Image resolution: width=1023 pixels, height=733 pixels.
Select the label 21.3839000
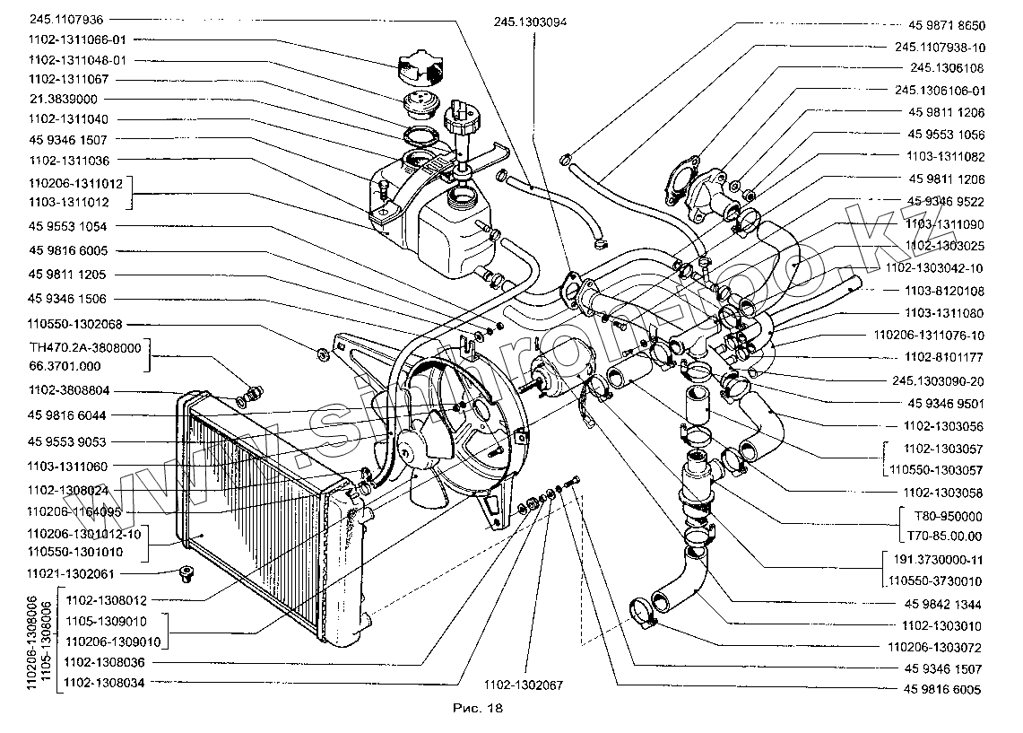(64, 100)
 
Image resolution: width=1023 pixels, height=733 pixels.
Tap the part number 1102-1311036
(68, 161)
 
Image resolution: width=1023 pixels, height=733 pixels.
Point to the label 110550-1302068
(75, 324)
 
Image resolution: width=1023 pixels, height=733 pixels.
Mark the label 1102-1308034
(106, 683)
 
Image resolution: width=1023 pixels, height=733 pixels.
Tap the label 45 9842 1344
(941, 604)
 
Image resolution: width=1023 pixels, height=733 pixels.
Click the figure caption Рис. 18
(481, 709)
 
